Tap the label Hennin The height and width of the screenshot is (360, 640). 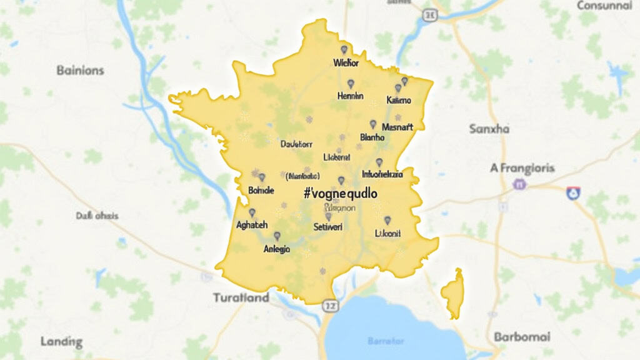click(x=350, y=96)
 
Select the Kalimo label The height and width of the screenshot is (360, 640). click(x=399, y=101)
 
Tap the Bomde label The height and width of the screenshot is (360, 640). click(x=261, y=190)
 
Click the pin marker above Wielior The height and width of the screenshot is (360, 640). click(x=343, y=49)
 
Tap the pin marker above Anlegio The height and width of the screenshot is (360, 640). click(x=277, y=236)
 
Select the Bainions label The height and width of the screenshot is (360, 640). click(x=80, y=70)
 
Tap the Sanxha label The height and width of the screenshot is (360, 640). click(x=489, y=129)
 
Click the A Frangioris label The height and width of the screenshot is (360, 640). click(x=522, y=168)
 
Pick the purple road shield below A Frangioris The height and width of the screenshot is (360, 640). click(x=518, y=184)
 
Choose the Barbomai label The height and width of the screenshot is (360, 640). click(x=522, y=337)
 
